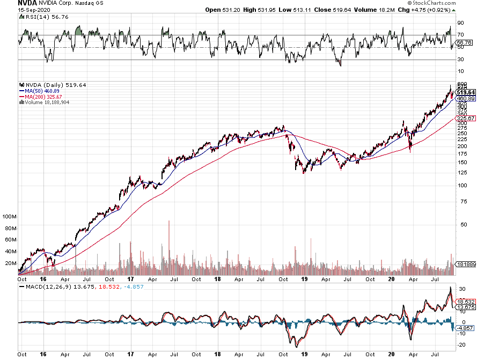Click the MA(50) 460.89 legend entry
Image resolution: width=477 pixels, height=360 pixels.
pos(39,91)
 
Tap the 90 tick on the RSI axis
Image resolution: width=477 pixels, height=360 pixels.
pos(460,23)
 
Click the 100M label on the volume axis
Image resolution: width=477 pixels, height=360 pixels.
pos(10,217)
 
